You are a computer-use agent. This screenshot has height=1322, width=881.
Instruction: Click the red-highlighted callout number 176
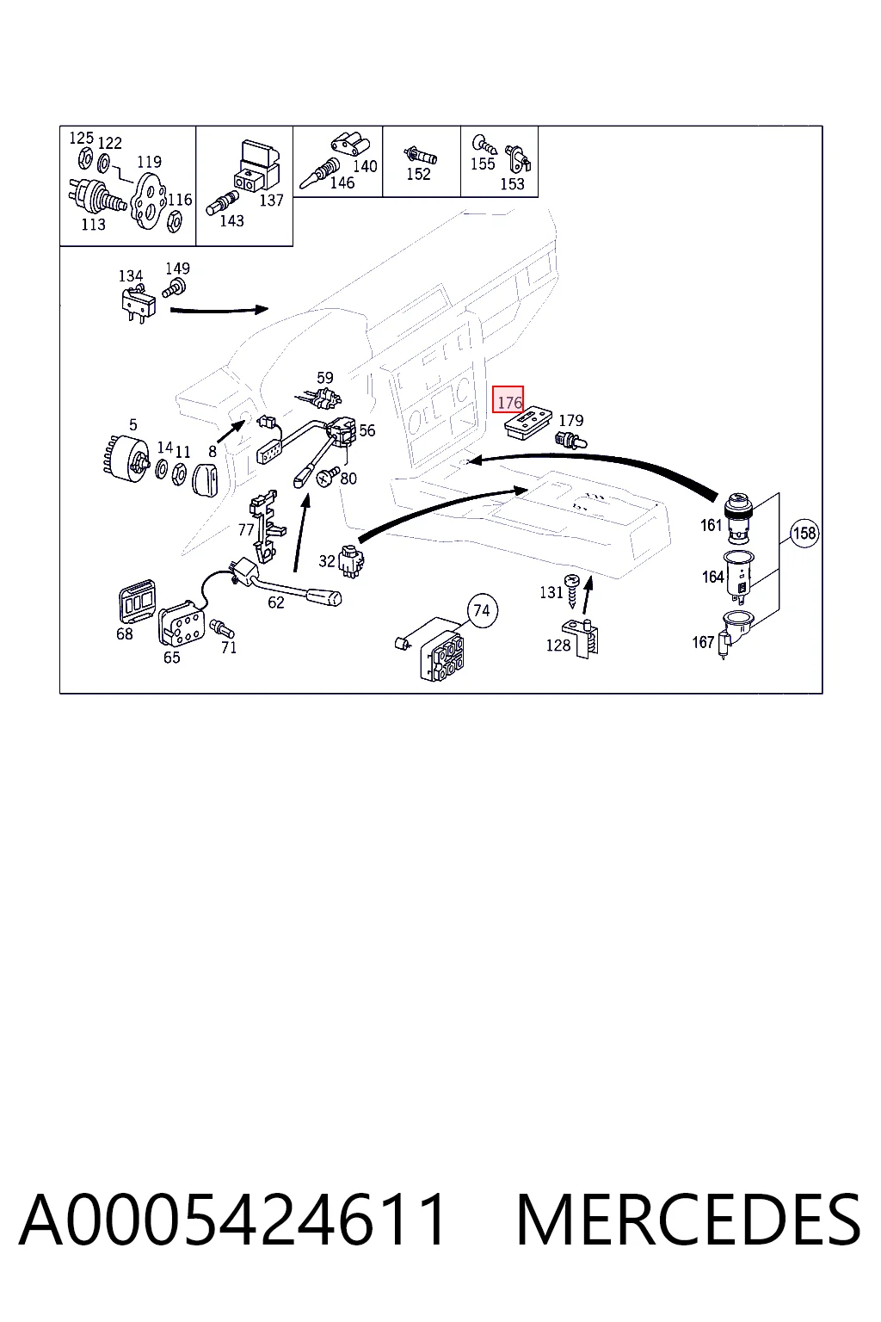(508, 399)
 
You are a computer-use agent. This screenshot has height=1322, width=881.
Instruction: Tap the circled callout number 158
(804, 533)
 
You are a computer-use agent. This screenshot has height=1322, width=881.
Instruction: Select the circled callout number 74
(482, 610)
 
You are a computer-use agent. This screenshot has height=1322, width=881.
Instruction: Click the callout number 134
(131, 275)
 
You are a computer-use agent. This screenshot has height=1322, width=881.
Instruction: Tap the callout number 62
(275, 602)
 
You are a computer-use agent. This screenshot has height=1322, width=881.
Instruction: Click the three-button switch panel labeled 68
(138, 601)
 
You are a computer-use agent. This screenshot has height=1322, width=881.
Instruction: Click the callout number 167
(703, 642)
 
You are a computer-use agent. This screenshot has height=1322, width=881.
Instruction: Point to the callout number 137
(271, 201)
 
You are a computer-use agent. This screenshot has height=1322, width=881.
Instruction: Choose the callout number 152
(418, 174)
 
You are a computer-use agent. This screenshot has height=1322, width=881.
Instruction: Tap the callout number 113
(93, 225)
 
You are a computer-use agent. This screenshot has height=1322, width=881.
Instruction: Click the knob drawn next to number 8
(205, 479)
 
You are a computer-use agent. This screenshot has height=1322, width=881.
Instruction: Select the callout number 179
(571, 420)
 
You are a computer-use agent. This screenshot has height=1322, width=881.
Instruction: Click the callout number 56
(367, 430)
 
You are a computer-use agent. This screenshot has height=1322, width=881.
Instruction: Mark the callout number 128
(558, 645)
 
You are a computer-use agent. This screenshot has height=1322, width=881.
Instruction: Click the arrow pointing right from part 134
(219, 310)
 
